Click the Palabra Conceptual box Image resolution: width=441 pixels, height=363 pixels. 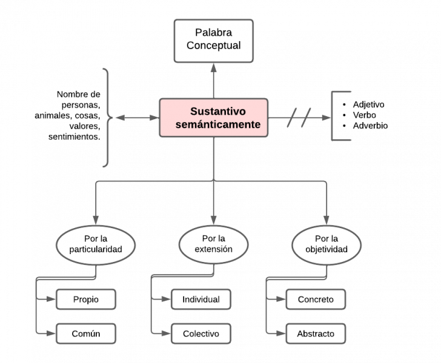coord(213,40)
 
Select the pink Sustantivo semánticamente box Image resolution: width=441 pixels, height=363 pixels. coord(213,117)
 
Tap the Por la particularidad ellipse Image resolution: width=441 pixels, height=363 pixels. coord(95,244)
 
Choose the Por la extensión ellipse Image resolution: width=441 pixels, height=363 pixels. coord(213,244)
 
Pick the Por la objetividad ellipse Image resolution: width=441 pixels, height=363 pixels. coord(327,244)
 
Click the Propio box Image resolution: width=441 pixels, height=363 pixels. coord(85,299)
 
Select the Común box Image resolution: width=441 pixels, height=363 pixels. coord(85,333)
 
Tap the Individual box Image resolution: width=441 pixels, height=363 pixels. coord(201,299)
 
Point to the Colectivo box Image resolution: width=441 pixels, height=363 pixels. coord(201,333)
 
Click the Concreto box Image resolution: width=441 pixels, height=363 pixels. coord(315,299)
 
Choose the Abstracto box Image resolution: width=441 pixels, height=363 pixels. coord(315,333)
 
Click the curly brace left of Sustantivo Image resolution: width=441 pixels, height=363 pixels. coord(108,117)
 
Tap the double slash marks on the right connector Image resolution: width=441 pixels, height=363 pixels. coord(299,117)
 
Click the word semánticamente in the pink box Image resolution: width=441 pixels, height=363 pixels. coord(213,125)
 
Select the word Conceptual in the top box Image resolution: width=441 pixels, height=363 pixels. coord(213,46)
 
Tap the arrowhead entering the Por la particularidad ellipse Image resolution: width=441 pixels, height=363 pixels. coord(95,221)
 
